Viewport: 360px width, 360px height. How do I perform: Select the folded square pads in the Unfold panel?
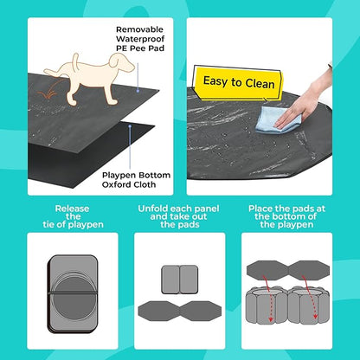(179, 278)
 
